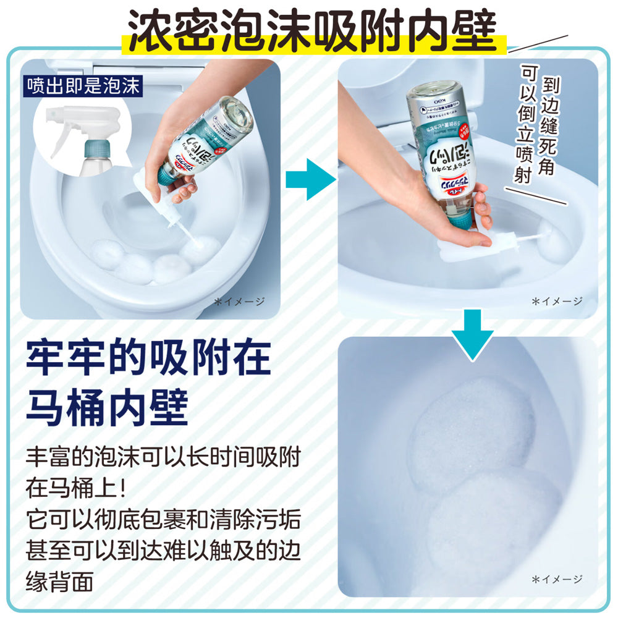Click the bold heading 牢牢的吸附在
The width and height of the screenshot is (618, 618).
(148, 358)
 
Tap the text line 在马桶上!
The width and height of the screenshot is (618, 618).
(77, 488)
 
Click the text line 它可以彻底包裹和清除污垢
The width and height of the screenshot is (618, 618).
(164, 518)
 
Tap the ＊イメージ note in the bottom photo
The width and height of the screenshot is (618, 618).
(557, 578)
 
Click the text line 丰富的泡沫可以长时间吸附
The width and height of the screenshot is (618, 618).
(164, 458)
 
